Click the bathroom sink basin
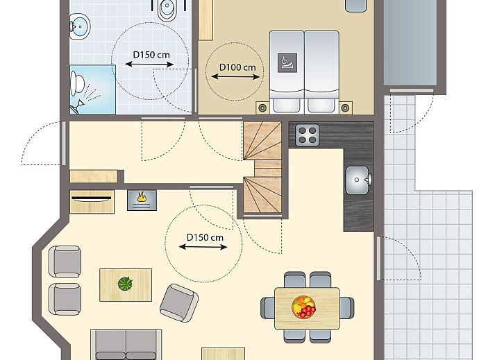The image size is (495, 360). [80, 26]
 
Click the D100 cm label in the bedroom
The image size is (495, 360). [237, 67]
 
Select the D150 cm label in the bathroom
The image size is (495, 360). [151, 55]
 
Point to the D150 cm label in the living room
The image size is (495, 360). [205, 237]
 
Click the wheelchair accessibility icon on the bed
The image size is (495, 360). [287, 62]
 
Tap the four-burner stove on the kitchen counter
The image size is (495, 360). [307, 135]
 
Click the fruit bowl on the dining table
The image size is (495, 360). [303, 307]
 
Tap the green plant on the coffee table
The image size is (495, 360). [126, 283]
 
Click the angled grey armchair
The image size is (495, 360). [179, 303]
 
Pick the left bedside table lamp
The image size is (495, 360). [262, 108]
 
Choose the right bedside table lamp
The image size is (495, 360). [346, 108]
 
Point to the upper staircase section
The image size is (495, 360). [262, 141]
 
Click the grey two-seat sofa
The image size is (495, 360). [126, 345]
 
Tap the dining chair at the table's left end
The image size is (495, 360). [268, 308]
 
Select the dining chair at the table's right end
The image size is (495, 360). [346, 308]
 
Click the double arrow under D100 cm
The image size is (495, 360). [235, 77]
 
